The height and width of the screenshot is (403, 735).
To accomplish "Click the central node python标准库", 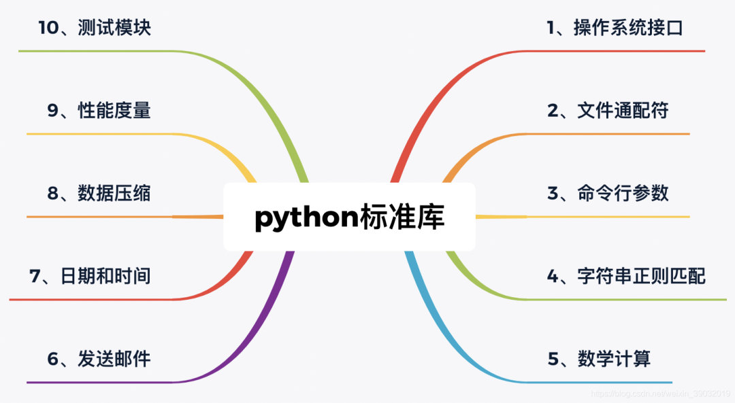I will [x=349, y=217].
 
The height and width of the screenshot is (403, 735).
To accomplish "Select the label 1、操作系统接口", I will [x=615, y=28].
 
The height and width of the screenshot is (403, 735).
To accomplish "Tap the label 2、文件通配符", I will [x=608, y=111].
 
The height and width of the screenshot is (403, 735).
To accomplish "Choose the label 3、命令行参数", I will [x=608, y=194].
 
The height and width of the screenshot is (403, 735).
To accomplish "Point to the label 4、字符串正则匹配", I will [x=626, y=276].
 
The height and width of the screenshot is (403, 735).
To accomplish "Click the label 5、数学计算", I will [x=599, y=359].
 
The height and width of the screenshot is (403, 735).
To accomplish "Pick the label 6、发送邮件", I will [x=99, y=359].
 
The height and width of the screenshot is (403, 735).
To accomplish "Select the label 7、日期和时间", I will [x=90, y=276].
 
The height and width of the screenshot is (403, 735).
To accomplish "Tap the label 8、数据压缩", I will [x=99, y=194].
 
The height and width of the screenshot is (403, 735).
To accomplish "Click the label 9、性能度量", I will [x=99, y=111].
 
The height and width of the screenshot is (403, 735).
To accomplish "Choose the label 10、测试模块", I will [x=94, y=28].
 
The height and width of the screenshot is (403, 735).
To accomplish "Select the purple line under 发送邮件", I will [x=102, y=382].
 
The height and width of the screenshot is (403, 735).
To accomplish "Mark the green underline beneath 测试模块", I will [x=102, y=51].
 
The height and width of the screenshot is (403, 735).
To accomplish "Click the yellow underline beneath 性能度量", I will [x=102, y=134].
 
